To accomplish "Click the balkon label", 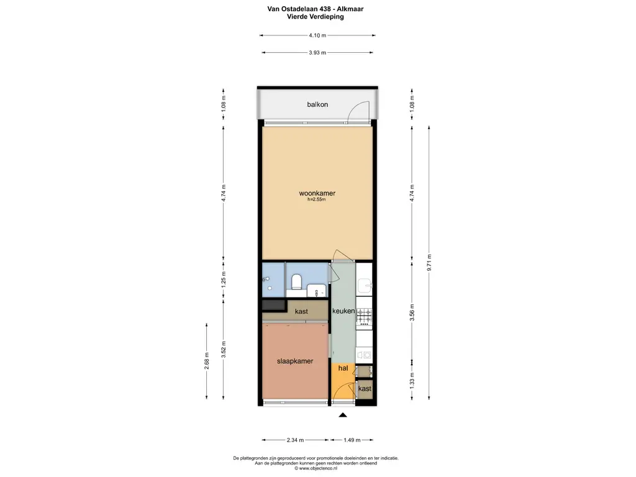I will click(x=317, y=104).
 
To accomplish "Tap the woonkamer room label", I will click(x=317, y=193).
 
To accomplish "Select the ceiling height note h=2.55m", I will click(x=317, y=200).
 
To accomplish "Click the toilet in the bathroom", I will click(x=297, y=282).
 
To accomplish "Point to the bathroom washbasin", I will click(x=316, y=289).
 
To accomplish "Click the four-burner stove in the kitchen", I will click(x=364, y=316).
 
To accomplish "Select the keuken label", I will click(x=343, y=311).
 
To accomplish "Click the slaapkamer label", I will click(x=294, y=361).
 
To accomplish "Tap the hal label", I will click(x=342, y=368).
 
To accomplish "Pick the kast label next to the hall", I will click(x=365, y=389).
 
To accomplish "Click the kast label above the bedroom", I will click(x=301, y=311).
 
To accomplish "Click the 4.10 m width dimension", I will click(x=317, y=35).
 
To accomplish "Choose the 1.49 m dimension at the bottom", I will click(x=352, y=440).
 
